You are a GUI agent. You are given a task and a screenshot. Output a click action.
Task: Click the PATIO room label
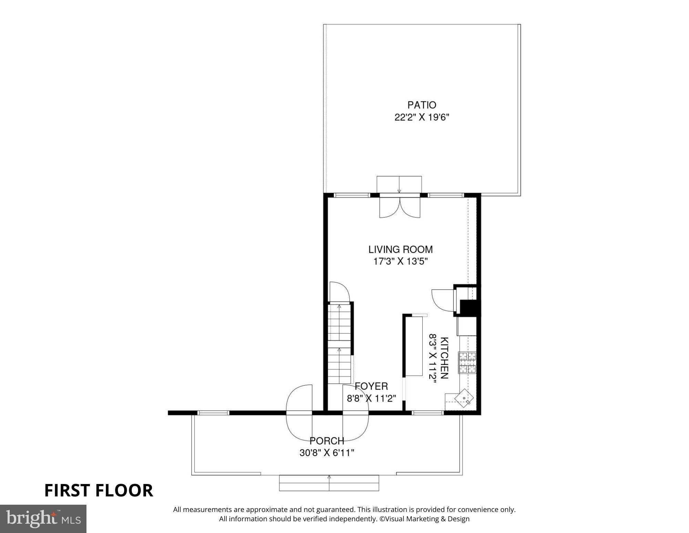422,105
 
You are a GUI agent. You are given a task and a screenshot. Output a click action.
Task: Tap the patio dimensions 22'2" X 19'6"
422,118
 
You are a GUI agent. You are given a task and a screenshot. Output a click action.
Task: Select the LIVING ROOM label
400,249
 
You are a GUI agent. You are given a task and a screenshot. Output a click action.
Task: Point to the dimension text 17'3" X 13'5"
400,261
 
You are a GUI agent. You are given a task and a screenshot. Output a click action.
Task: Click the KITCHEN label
444,358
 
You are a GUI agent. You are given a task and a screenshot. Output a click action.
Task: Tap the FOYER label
371,386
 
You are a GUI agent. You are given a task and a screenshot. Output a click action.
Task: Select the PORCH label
327,441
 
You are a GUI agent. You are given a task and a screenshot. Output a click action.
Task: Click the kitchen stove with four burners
467,362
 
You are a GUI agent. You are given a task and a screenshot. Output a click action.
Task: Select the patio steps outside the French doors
399,184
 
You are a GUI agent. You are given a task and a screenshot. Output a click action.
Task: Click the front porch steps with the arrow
329,483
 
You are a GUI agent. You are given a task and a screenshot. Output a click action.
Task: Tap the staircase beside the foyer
339,343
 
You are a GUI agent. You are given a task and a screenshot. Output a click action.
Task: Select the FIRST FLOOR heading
99,490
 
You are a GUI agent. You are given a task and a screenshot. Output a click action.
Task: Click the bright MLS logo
43,519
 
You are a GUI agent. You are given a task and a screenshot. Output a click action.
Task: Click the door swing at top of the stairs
339,292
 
